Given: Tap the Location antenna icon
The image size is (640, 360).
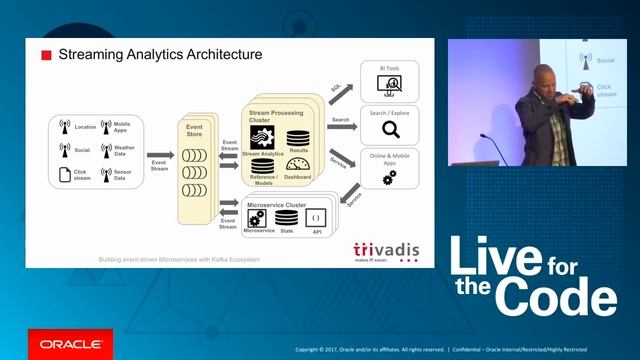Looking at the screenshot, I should tap(65, 127).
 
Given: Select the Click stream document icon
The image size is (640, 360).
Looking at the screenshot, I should tap(65, 174).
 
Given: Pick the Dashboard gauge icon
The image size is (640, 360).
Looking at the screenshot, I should tap(297, 163).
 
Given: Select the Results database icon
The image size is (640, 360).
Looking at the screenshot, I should tap(298, 138).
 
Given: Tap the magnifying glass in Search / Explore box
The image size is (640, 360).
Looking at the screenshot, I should tap(391, 129).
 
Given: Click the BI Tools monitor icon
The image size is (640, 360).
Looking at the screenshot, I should tap(390, 85).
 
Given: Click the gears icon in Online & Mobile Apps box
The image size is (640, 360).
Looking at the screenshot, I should tap(389, 177).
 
